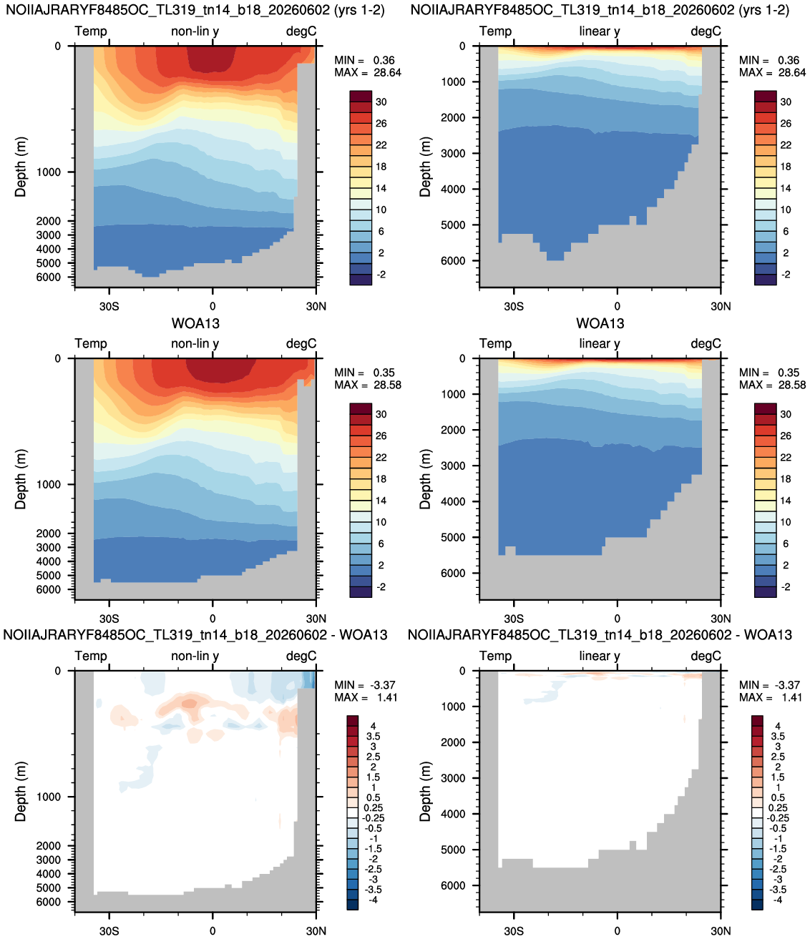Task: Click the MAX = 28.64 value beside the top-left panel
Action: coord(368,73)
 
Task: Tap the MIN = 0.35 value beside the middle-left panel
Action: coord(364,373)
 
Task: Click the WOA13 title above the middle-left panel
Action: coord(195,323)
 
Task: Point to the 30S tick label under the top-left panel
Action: coord(109,306)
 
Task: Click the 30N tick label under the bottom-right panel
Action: coord(721,931)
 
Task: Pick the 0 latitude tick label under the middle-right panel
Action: coord(618,619)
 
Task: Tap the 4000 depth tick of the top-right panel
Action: coord(453,189)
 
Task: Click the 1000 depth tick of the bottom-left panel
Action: coord(49,797)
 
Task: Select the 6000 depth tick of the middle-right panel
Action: coord(453,574)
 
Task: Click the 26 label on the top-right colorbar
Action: coord(786,124)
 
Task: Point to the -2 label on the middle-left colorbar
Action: coord(381,587)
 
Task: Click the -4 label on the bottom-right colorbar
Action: coord(778,900)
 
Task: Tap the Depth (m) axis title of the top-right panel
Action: coord(425,167)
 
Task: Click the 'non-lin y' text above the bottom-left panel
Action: coord(195,657)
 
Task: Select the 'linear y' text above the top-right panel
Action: coord(600,31)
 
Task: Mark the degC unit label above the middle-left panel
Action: coord(301,344)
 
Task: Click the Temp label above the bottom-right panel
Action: coord(495,656)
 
